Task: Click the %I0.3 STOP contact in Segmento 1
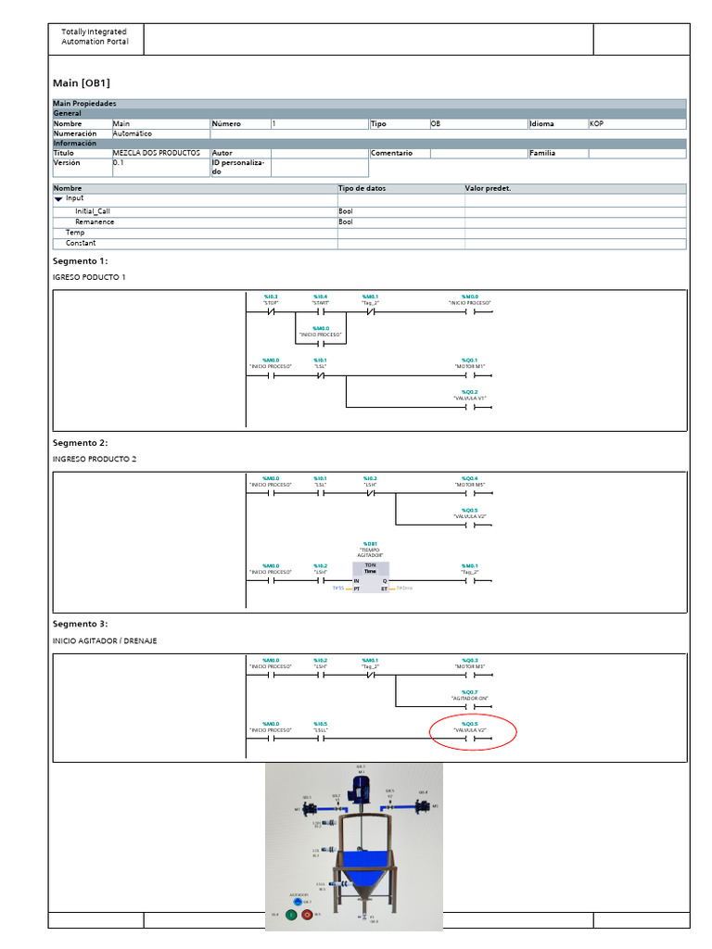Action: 270,312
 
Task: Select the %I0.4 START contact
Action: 321,312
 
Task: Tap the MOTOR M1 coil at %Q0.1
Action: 469,376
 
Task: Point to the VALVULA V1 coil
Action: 469,408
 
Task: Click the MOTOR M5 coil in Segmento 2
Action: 469,494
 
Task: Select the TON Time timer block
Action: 370,574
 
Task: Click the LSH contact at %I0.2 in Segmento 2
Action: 370,494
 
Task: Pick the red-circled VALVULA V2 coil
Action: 469,740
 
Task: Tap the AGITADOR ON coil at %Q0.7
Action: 469,707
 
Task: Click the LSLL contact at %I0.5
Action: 321,740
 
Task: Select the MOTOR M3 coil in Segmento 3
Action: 469,676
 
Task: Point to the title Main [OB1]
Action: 82,83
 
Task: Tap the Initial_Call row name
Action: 93,211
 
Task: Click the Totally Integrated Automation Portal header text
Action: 95,37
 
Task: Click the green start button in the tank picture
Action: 290,915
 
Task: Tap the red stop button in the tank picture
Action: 308,915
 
